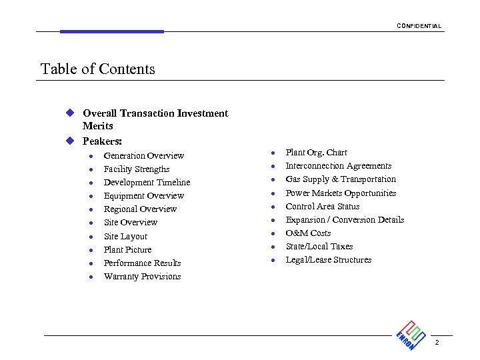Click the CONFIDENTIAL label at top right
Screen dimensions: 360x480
point(419,26)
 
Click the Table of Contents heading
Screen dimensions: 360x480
point(98,69)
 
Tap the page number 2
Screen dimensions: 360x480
point(437,342)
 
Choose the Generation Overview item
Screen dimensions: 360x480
point(143,155)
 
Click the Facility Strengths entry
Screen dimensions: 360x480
point(137,169)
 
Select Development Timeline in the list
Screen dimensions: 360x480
point(147,183)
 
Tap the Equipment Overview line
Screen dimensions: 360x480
point(143,196)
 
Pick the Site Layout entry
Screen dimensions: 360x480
point(125,236)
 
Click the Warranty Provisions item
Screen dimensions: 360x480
point(142,277)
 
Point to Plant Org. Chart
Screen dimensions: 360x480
point(316,153)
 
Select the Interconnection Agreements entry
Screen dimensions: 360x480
point(338,166)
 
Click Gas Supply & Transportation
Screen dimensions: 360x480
point(341,179)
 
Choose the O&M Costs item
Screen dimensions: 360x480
point(308,233)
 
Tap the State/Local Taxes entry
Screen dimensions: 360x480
point(319,247)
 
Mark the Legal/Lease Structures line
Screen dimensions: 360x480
point(328,260)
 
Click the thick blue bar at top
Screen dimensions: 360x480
point(111,31)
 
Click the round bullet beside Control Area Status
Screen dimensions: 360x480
point(272,207)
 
